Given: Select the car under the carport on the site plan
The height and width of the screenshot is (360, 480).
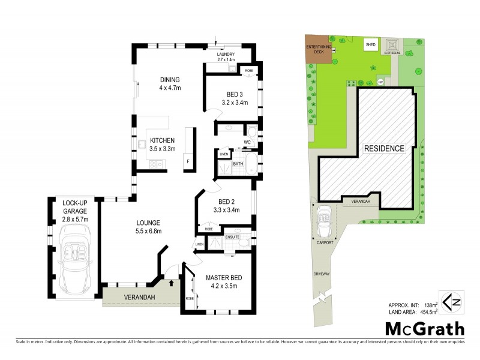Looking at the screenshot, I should pos(325,215).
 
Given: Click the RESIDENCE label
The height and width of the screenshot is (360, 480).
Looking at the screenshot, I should pos(384,148).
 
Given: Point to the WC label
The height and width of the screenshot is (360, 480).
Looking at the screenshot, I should pos(247,142).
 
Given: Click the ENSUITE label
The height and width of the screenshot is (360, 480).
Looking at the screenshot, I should pos(233,237).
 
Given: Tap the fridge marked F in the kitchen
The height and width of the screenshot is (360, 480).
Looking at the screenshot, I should pos(188,161).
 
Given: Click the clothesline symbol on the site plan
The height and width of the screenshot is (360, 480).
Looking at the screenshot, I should pos(394,46).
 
